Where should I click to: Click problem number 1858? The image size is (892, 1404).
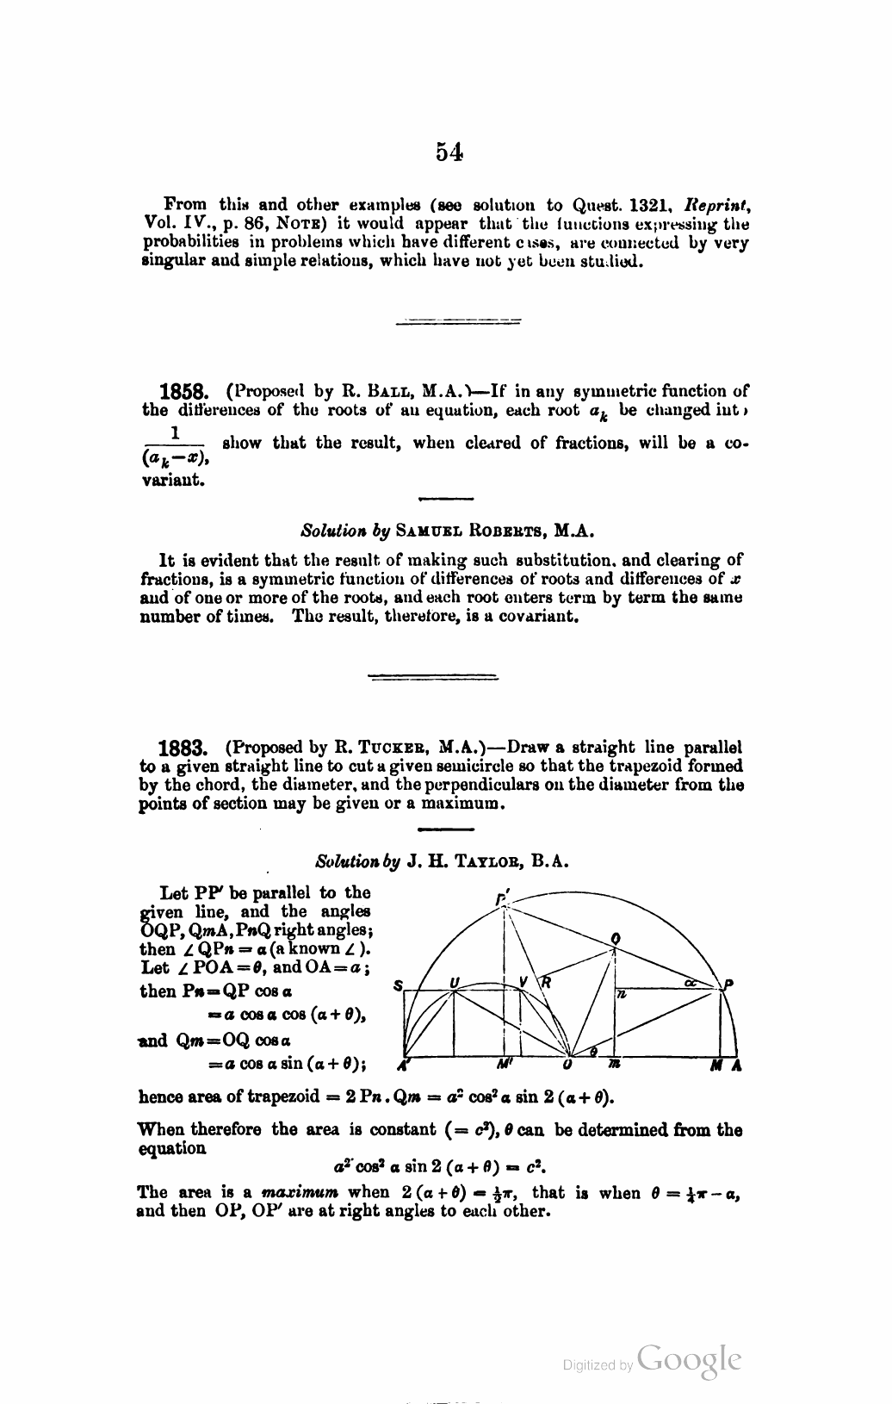[x=183, y=392]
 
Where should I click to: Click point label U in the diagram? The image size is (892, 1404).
[x=455, y=983]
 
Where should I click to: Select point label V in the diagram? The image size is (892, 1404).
[x=523, y=983]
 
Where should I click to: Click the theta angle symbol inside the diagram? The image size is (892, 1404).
[x=592, y=1052]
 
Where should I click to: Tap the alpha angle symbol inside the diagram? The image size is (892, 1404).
[x=691, y=983]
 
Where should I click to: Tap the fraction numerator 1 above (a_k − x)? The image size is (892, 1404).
[x=175, y=431]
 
